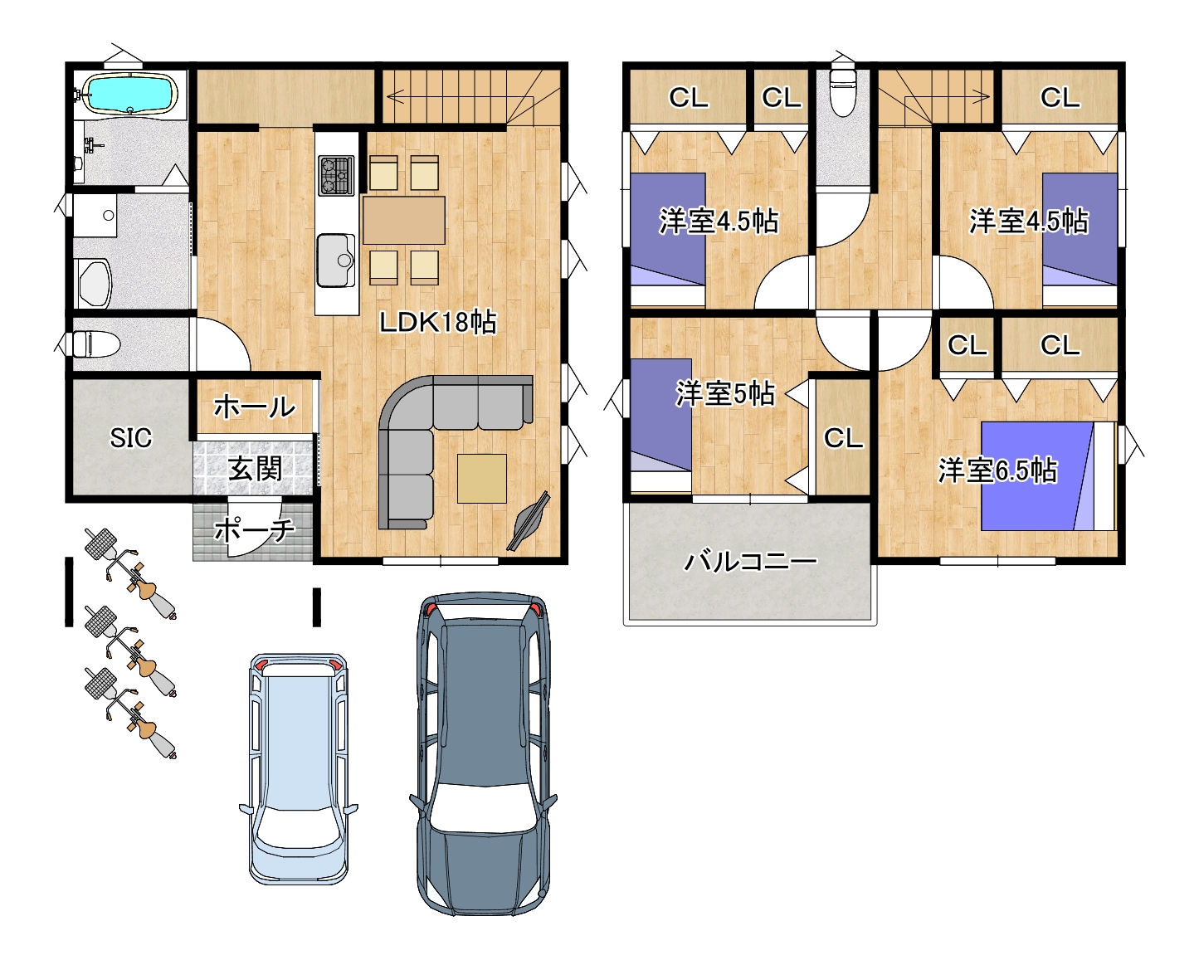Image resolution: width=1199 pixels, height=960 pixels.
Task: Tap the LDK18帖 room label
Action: pyautogui.click(x=438, y=322)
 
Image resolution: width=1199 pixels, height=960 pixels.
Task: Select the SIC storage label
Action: pyautogui.click(x=131, y=438)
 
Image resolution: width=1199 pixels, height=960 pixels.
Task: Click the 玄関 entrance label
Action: pyautogui.click(x=256, y=468)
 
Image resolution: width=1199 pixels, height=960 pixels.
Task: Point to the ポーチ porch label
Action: pyautogui.click(x=255, y=530)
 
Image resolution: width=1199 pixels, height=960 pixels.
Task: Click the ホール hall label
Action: pyautogui.click(x=255, y=407)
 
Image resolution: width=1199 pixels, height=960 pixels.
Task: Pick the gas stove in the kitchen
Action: pyautogui.click(x=337, y=175)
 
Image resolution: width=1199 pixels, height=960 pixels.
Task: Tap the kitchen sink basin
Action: pyautogui.click(x=336, y=261)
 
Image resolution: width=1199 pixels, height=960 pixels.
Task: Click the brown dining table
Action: pyautogui.click(x=404, y=220)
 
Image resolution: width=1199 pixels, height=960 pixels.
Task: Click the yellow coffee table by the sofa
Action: pyautogui.click(x=482, y=479)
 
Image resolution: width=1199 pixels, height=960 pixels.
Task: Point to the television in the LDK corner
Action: pyautogui.click(x=529, y=522)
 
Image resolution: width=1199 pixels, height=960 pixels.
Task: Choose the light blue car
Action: pyautogui.click(x=298, y=769)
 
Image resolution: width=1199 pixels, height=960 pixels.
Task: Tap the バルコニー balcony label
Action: pyautogui.click(x=750, y=562)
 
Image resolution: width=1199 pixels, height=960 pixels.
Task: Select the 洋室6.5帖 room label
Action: pyautogui.click(x=997, y=470)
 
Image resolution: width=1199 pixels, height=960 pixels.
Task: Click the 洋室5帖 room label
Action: pyautogui.click(x=725, y=393)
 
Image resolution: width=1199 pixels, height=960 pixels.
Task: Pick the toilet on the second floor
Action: pyautogui.click(x=843, y=92)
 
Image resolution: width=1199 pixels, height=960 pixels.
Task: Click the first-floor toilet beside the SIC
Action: pyautogui.click(x=95, y=344)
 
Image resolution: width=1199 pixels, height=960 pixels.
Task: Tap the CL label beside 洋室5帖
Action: pyautogui.click(x=844, y=438)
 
